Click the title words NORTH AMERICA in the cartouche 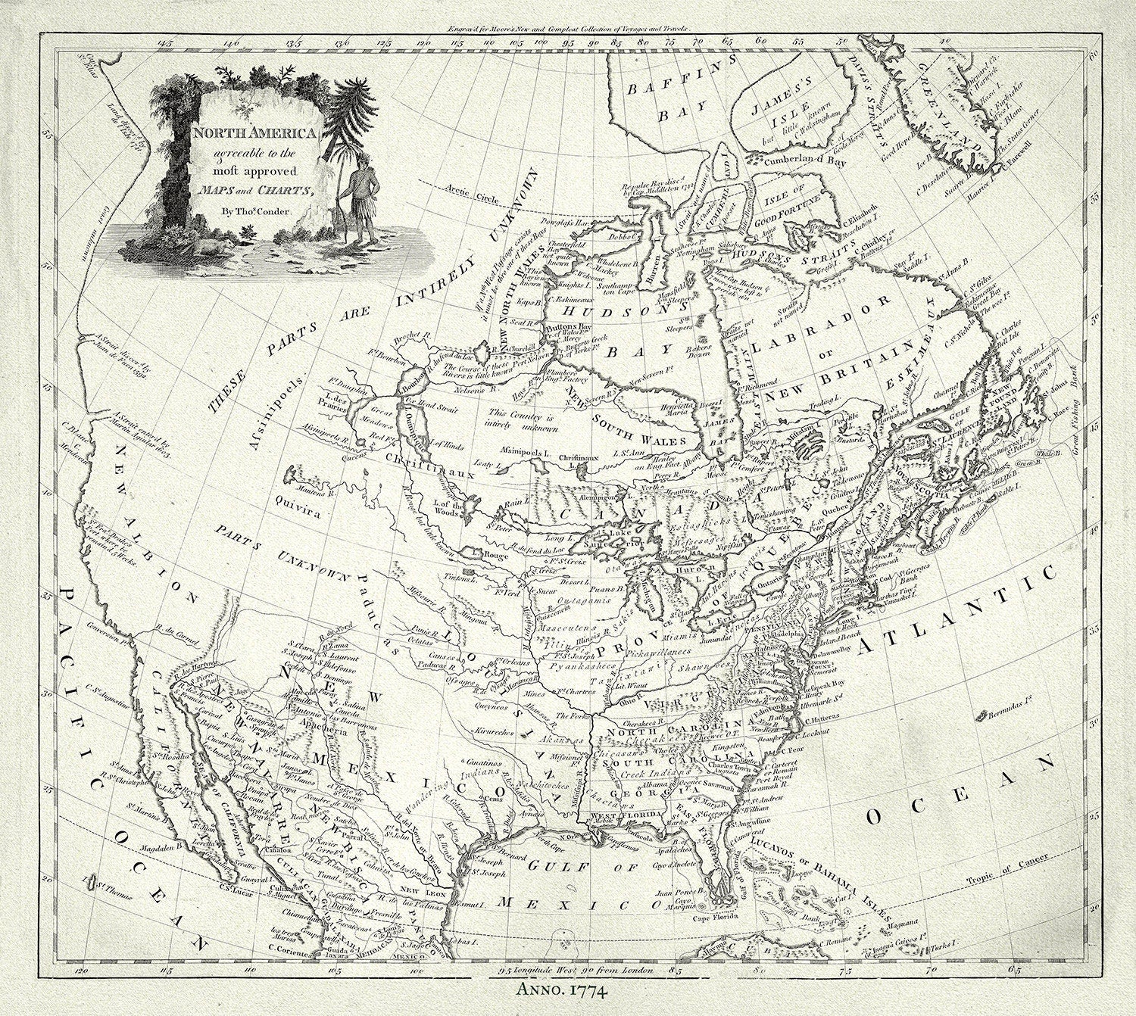[244, 133]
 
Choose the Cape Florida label [716, 918]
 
